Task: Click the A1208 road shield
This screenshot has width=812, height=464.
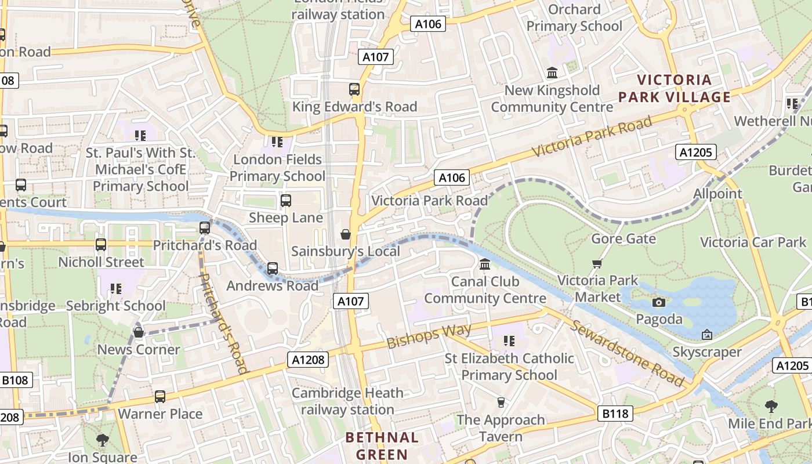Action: (x=308, y=360)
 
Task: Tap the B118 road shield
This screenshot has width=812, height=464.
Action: (x=615, y=414)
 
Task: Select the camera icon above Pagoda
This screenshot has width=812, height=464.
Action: (x=658, y=302)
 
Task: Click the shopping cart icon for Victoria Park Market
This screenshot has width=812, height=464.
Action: (x=597, y=264)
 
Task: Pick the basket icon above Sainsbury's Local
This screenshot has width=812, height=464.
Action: (x=346, y=234)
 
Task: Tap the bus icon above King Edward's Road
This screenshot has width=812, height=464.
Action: (x=354, y=89)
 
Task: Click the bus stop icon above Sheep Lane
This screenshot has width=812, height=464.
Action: (x=285, y=201)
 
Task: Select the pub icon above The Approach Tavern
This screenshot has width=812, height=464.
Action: (x=501, y=402)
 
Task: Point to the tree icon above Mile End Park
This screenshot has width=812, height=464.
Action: (x=771, y=406)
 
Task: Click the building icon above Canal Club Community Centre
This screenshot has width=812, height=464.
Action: (x=485, y=264)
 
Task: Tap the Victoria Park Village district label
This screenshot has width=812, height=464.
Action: (x=674, y=88)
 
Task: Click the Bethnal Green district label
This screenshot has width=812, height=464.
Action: (x=382, y=445)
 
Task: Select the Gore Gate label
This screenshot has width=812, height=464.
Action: (x=623, y=238)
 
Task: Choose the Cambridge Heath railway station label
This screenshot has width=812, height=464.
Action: (x=347, y=401)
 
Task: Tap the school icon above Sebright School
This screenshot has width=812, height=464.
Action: (x=116, y=288)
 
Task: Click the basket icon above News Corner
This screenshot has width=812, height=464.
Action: (x=139, y=332)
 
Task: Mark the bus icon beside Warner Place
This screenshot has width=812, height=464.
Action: (x=159, y=397)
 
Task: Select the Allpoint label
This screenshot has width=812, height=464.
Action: (x=717, y=194)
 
